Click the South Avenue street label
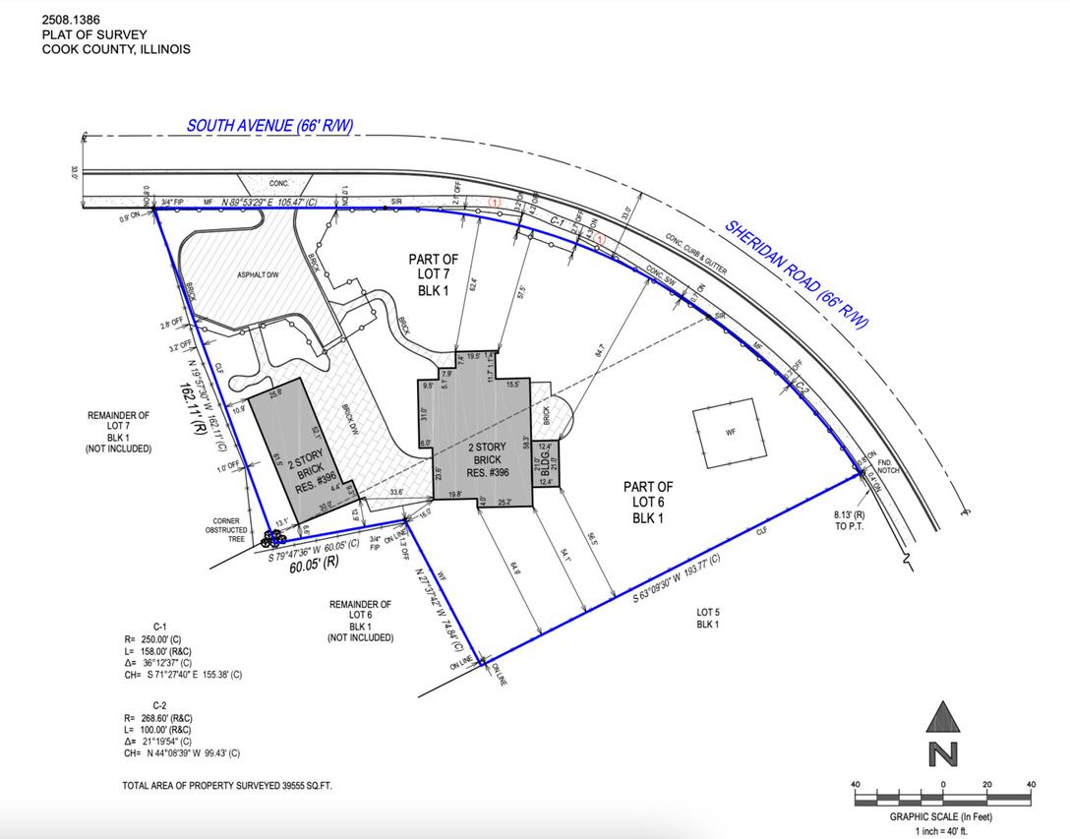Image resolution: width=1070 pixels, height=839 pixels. [269, 126]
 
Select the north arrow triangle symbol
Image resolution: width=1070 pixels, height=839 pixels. [942, 717]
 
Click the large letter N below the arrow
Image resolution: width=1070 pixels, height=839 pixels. [942, 754]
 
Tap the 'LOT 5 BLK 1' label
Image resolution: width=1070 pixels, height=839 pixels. [708, 619]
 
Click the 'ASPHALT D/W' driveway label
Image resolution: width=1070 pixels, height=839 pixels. [259, 275]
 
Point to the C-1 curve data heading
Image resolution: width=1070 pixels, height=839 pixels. [159, 626]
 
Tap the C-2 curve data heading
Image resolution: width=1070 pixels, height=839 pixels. [159, 705]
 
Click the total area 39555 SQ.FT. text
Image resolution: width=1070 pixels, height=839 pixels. [233, 786]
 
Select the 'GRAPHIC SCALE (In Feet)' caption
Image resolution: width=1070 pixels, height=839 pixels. [942, 816]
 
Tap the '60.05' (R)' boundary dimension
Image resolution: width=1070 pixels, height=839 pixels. [312, 564]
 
